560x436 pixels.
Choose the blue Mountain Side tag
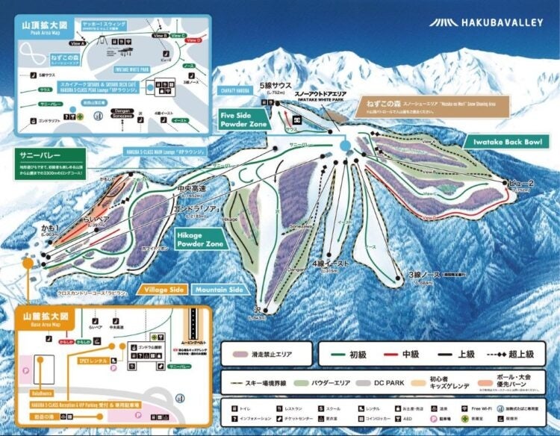219,289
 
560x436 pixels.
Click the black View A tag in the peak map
78,43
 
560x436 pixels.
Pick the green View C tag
178,35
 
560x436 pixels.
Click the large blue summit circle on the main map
344,146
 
